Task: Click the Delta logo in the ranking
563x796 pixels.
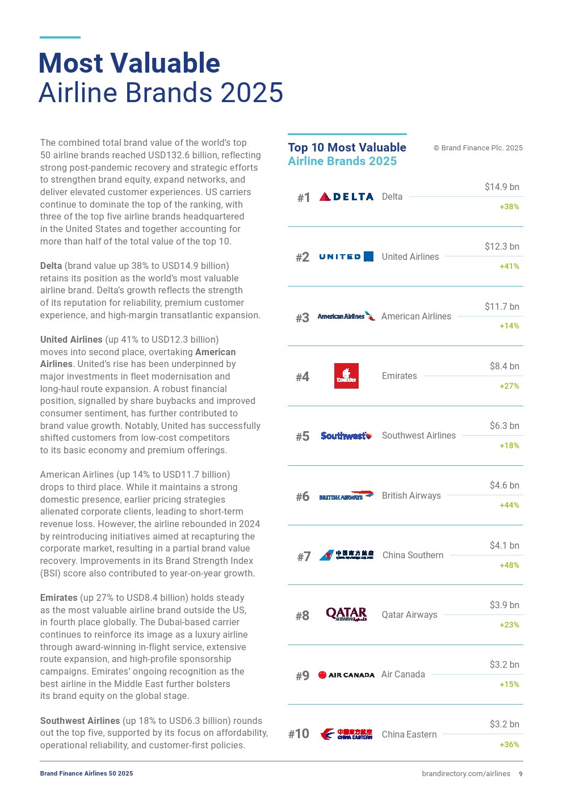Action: pyautogui.click(x=346, y=197)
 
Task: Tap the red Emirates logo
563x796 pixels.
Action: pyautogui.click(x=346, y=376)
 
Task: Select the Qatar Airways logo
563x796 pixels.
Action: pyautogui.click(x=346, y=614)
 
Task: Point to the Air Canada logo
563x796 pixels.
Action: pyautogui.click(x=346, y=675)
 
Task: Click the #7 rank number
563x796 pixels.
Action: pyautogui.click(x=304, y=557)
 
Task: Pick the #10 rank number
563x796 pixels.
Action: pyautogui.click(x=299, y=734)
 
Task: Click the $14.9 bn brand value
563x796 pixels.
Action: pyautogui.click(x=502, y=187)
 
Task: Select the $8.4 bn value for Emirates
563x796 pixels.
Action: pyautogui.click(x=504, y=367)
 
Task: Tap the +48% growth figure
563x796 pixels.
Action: pyautogui.click(x=509, y=565)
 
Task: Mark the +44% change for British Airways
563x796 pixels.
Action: pyautogui.click(x=509, y=506)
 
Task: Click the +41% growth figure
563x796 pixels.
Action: pyautogui.click(x=509, y=266)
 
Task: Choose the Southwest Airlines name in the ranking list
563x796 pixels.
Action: pyautogui.click(x=418, y=436)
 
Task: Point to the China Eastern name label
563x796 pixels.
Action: pyautogui.click(x=409, y=734)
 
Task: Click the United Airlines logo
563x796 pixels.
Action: pyautogui.click(x=346, y=256)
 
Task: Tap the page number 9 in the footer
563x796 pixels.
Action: pyautogui.click(x=520, y=774)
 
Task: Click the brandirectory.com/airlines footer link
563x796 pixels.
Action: pyautogui.click(x=466, y=774)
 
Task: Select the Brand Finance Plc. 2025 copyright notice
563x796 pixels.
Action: pyautogui.click(x=478, y=148)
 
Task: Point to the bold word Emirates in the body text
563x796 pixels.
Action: pyautogui.click(x=58, y=598)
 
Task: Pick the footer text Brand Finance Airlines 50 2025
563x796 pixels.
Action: pyautogui.click(x=86, y=773)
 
